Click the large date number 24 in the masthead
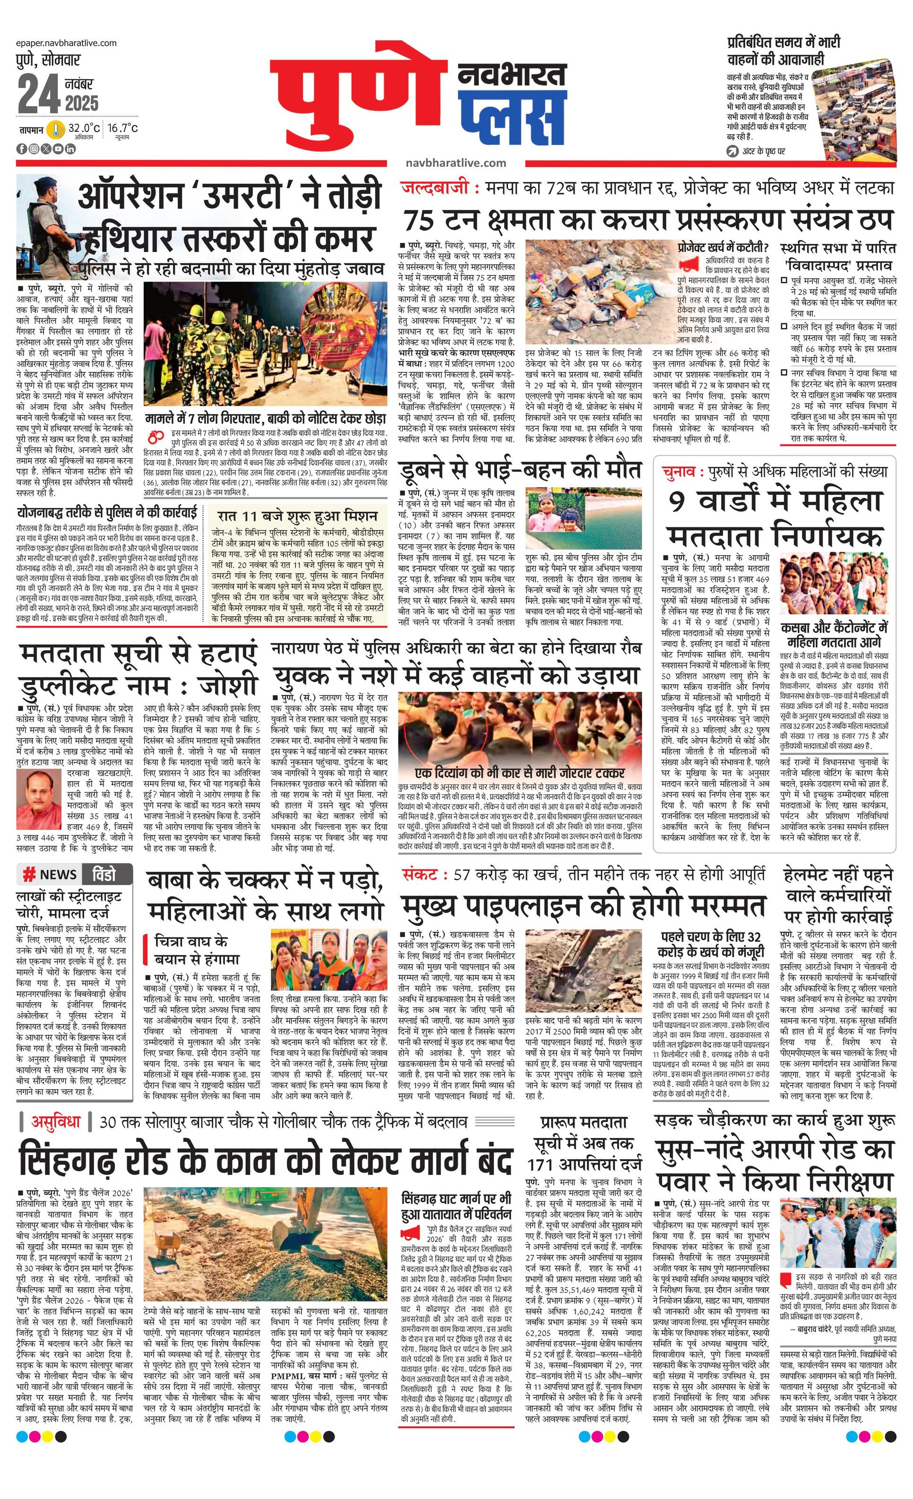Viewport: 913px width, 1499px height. [38, 95]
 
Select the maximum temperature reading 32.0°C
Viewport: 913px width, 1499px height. [84, 129]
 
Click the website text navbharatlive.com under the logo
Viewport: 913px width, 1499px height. [456, 163]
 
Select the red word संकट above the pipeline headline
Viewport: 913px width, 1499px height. [420, 874]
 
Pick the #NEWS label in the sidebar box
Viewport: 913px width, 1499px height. [50, 874]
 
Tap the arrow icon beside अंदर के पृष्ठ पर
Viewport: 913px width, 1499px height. [733, 150]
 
